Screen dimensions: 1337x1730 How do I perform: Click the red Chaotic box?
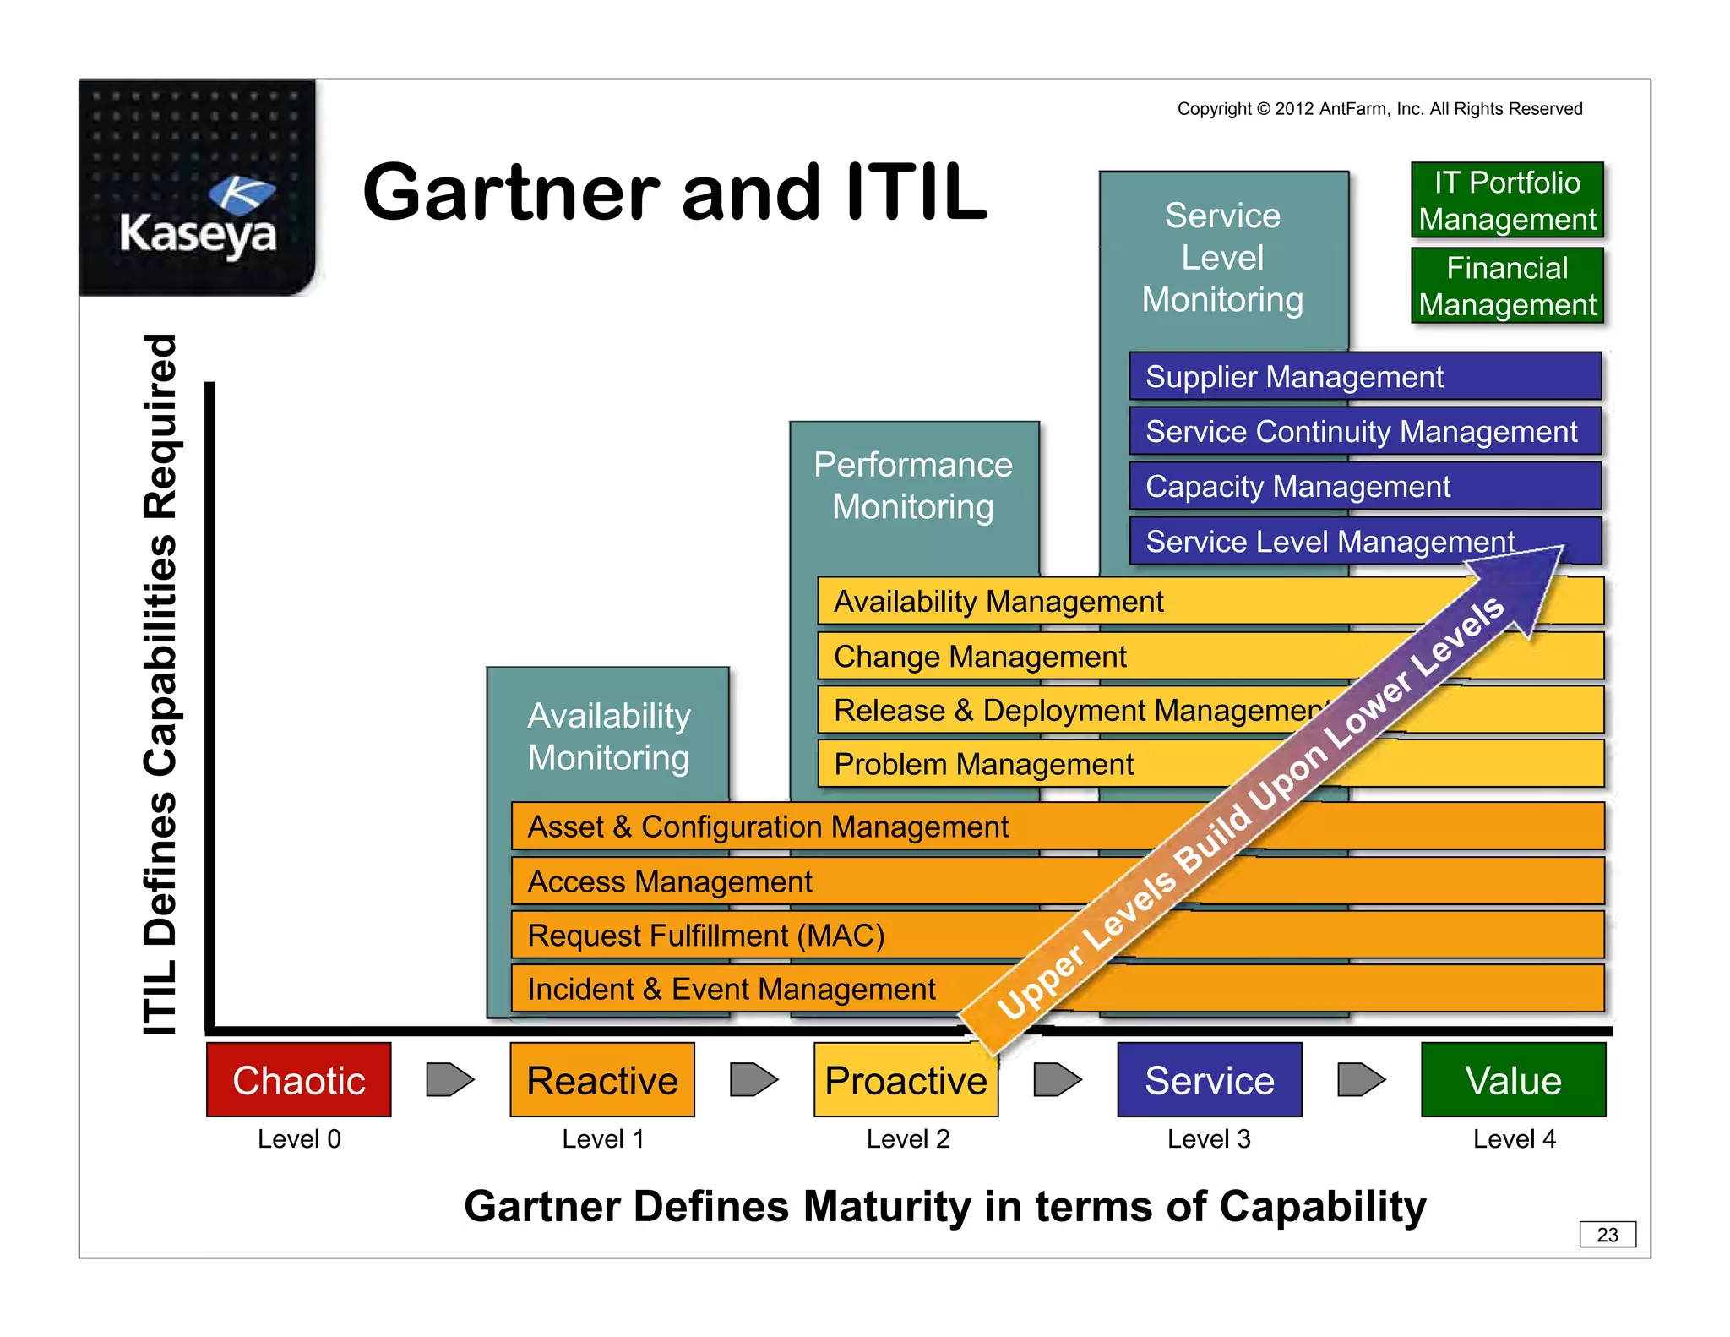(298, 1079)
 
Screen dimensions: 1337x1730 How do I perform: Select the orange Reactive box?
(602, 1079)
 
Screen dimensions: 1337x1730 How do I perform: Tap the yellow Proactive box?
(906, 1079)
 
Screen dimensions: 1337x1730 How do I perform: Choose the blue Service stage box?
(1209, 1079)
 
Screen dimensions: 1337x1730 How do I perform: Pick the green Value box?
(1513, 1079)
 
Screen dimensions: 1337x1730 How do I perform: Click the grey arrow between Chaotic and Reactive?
(449, 1079)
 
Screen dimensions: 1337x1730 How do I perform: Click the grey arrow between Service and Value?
(1361, 1079)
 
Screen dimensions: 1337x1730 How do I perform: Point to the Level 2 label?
(908, 1139)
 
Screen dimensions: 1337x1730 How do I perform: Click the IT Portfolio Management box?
(1507, 200)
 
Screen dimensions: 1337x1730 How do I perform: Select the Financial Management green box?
(1507, 286)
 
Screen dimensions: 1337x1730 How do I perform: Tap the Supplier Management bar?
(1364, 376)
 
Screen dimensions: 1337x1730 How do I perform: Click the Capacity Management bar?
(1364, 486)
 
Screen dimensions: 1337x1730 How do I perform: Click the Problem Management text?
(983, 764)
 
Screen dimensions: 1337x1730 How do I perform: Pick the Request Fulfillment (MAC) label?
(705, 936)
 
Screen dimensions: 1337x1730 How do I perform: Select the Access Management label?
(669, 881)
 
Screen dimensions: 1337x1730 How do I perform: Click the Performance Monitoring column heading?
(913, 485)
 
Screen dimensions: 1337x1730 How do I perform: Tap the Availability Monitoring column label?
(608, 736)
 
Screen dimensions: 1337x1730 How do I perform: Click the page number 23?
(1608, 1234)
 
